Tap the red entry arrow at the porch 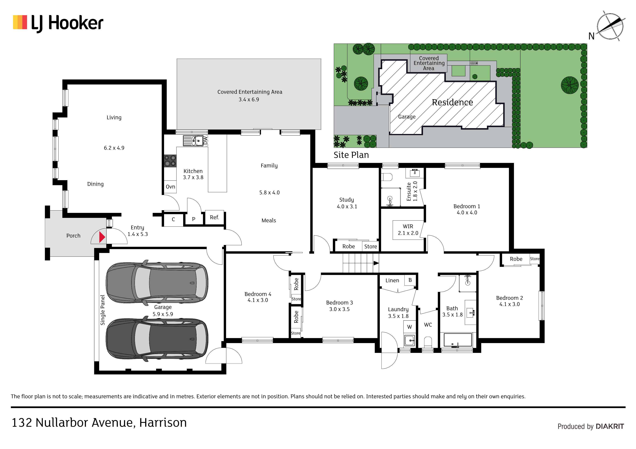tap(102, 237)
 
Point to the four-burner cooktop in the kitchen tap(170, 161)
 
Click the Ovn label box tap(170, 187)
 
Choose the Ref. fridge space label tap(214, 217)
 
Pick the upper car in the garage tap(157, 282)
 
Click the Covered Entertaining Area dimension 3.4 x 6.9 tap(249, 100)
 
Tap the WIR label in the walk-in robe tap(408, 226)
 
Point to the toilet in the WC tap(428, 342)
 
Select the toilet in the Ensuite tap(387, 177)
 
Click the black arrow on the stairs tap(376, 263)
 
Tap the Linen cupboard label tap(392, 280)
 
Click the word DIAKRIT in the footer tap(610, 427)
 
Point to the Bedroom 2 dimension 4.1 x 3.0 tap(509, 304)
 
